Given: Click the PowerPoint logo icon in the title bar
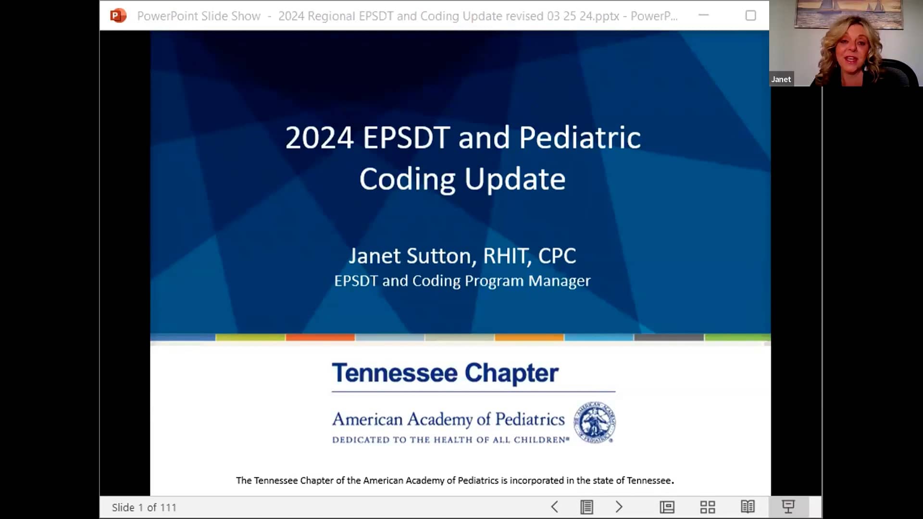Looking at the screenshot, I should (x=118, y=16).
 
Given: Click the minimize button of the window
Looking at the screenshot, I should (x=704, y=15).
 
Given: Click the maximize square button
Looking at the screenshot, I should (x=750, y=16).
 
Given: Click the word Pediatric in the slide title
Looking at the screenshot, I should (x=580, y=137).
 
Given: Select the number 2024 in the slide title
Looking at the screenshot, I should (x=319, y=137).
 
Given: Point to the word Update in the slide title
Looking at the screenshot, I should (x=515, y=179).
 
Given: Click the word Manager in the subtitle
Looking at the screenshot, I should (x=559, y=281).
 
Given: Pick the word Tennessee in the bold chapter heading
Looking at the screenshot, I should (x=394, y=373).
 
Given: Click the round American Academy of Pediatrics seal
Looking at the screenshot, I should (x=595, y=422).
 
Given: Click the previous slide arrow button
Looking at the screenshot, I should (x=554, y=507).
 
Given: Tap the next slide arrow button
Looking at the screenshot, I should (x=619, y=507).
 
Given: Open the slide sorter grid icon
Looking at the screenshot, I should (x=707, y=507).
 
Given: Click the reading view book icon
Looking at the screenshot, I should (x=748, y=507).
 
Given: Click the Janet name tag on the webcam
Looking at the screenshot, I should (x=781, y=79).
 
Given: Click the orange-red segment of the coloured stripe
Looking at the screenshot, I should (x=320, y=337).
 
